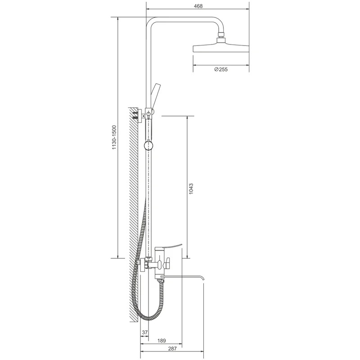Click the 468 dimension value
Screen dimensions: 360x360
coord(198,6)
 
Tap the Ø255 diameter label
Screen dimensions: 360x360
coord(221,69)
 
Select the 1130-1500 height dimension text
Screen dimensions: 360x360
coord(114,138)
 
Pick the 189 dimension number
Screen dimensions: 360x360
coord(162,341)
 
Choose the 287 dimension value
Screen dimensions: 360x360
coord(172,348)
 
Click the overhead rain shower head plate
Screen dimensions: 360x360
coord(221,48)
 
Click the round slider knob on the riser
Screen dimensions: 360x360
coord(148,145)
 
